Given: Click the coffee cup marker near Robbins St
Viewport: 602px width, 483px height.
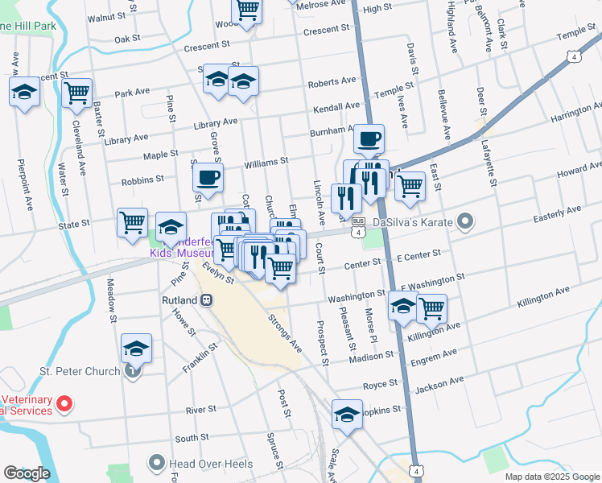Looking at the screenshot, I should (x=208, y=178).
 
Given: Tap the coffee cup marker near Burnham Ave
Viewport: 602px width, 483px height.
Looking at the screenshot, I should (x=369, y=139).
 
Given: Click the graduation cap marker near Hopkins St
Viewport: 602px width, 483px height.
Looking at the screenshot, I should (x=347, y=415).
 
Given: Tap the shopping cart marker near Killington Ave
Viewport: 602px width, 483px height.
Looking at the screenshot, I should (x=431, y=307).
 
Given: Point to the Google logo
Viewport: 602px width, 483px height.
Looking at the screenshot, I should (x=27, y=473).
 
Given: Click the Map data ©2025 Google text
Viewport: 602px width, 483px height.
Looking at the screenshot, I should (x=551, y=477).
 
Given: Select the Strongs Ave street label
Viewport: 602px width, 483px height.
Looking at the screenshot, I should (x=285, y=332).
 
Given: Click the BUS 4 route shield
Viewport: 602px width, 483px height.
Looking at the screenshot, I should (x=358, y=225).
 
